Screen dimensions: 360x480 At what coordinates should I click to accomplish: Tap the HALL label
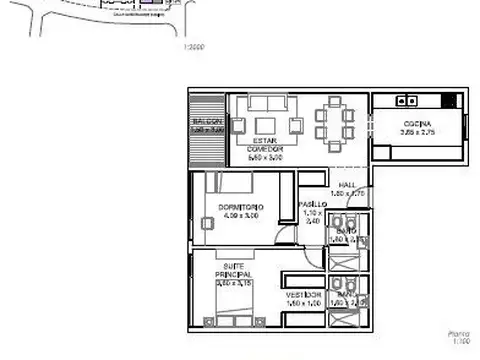point(346,185)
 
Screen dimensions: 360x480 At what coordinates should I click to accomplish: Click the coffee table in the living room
point(264,124)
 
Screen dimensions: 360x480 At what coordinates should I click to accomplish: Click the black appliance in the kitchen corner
point(449,99)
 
